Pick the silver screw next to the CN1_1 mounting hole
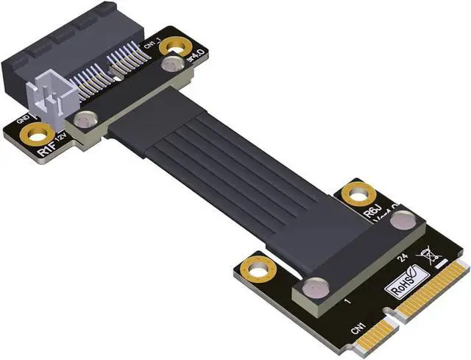[x=170, y=66]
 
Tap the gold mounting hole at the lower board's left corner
[x=255, y=269]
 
